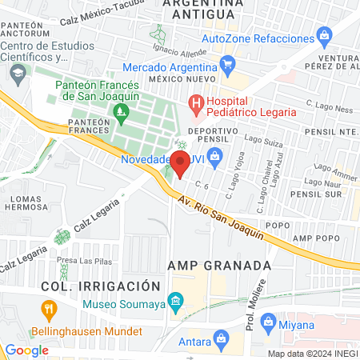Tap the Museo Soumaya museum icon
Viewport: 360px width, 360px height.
pyautogui.click(x=178, y=302)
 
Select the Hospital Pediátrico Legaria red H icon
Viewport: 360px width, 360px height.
pyautogui.click(x=194, y=102)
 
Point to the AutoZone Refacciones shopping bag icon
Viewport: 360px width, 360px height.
pyautogui.click(x=324, y=35)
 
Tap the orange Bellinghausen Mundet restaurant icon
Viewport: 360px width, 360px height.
pyautogui.click(x=48, y=309)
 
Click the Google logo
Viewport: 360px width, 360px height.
pyautogui.click(x=26, y=350)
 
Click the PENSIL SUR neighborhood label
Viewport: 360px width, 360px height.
pyautogui.click(x=317, y=194)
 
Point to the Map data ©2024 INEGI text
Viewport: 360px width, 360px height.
pyautogui.click(x=312, y=353)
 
